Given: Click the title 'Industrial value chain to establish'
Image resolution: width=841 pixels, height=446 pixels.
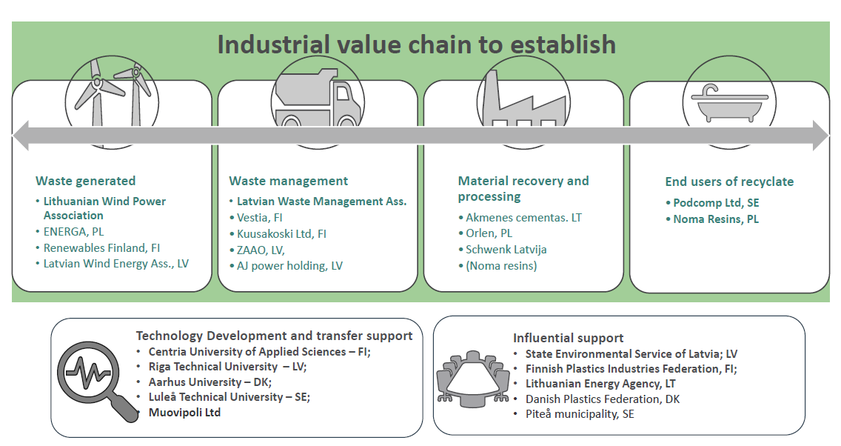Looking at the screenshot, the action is tap(416, 44).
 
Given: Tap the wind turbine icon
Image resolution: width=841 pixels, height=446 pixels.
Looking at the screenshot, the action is tap(112, 94).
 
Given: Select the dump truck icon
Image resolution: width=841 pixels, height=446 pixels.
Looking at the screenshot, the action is tap(318, 97).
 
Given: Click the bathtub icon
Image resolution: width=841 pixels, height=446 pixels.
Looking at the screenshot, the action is tap(729, 102).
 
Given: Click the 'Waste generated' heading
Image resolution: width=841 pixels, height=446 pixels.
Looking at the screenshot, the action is tap(85, 181).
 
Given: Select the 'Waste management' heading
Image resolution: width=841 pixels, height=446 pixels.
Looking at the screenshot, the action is tap(289, 181).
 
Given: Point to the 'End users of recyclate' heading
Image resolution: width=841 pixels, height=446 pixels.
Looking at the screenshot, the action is tap(729, 182).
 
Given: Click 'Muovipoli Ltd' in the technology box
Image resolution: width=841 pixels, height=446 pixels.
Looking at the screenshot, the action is tap(184, 412).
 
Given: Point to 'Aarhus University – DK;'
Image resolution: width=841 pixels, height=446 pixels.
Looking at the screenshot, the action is tap(210, 382).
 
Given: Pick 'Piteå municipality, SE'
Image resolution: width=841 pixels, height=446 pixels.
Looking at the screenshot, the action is tap(580, 414).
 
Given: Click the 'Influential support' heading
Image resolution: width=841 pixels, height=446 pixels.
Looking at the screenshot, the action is tap(568, 338).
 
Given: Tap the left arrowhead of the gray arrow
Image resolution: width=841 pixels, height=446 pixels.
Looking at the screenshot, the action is tap(19, 136).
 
